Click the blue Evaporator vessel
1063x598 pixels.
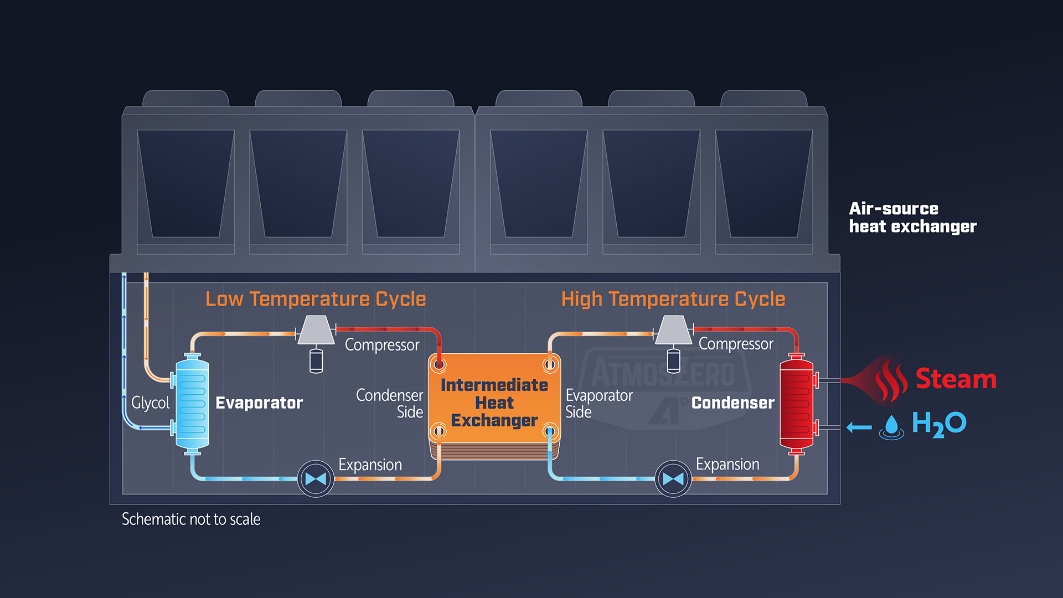192,403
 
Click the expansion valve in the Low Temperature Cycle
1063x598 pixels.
316,479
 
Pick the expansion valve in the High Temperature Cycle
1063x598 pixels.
673,479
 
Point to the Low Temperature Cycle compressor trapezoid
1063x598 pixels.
316,330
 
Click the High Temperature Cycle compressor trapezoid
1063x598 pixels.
673,330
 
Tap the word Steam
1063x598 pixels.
956,379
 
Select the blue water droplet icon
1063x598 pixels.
891,426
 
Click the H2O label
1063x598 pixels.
939,424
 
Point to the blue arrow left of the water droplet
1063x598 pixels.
859,427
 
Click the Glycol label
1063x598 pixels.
150,403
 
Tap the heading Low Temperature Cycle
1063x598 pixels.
316,299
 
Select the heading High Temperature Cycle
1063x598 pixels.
673,299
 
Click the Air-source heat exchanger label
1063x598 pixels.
912,218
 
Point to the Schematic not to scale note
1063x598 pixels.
191,519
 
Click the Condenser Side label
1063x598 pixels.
390,403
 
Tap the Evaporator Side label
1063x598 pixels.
598,403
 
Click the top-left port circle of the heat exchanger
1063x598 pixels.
440,364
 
